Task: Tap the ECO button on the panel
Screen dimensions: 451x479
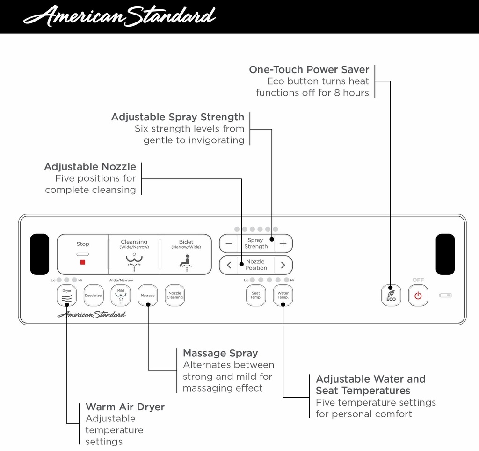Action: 391,296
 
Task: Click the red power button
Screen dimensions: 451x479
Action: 418,296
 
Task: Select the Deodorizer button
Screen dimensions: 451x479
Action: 94,296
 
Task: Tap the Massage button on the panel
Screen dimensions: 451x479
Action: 148,296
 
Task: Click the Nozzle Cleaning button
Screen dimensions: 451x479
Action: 175,296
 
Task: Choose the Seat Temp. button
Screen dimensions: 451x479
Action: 256,296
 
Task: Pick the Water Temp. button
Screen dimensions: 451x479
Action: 283,296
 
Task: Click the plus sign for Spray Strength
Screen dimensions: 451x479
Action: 283,244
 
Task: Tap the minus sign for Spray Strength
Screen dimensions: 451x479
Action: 229,244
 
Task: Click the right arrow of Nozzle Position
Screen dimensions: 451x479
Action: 283,265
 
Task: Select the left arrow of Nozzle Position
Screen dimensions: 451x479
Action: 229,265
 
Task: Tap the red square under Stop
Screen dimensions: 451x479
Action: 83,262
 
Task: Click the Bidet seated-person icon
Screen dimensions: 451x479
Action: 186,263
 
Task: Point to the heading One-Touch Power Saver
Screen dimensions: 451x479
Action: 309,70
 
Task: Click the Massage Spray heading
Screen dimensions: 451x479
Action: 220,353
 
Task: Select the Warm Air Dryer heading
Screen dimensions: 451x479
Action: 125,407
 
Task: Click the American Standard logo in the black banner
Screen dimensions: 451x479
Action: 119,16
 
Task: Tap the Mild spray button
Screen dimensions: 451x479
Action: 121,296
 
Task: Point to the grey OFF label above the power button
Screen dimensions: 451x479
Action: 418,280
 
